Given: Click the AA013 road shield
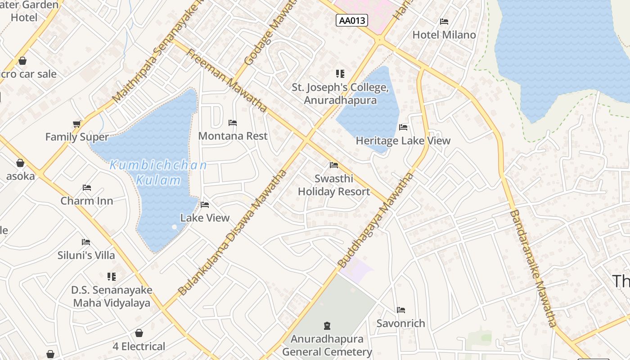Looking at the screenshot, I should pos(351,20).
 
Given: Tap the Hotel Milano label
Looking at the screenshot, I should pos(444,35).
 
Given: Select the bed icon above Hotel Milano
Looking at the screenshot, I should pos(444,22).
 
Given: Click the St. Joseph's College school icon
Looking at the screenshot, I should pos(340,73).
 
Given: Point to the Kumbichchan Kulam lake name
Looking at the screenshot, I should pos(158,173).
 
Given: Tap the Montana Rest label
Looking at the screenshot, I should pos(233,136).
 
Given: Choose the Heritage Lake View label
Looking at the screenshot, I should pos(403,141).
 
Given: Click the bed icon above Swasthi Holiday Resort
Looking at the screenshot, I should pos(333,165).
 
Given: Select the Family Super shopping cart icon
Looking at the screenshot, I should pos(77,124).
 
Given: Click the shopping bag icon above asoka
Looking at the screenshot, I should pos(20,163).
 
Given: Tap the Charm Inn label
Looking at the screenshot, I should pos(87,201).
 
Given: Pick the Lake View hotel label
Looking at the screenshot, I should pos(205,218).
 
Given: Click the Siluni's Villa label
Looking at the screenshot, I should pos(86,255).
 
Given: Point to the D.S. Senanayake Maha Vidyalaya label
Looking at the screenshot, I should pos(112,297).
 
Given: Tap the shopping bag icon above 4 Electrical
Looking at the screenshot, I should pos(139,333).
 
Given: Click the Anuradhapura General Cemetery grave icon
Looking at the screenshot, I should pos(327,325).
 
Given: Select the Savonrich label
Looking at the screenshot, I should pos(400,323).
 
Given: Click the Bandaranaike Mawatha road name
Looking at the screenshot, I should pos(534,268).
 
